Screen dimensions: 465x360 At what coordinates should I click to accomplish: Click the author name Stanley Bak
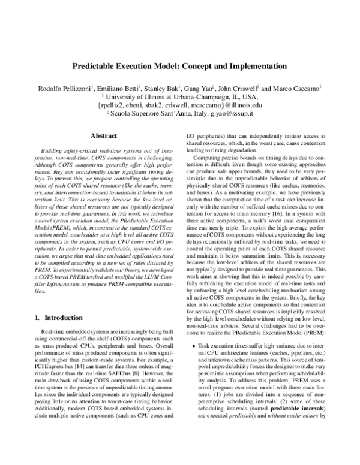[x=160, y=88]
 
